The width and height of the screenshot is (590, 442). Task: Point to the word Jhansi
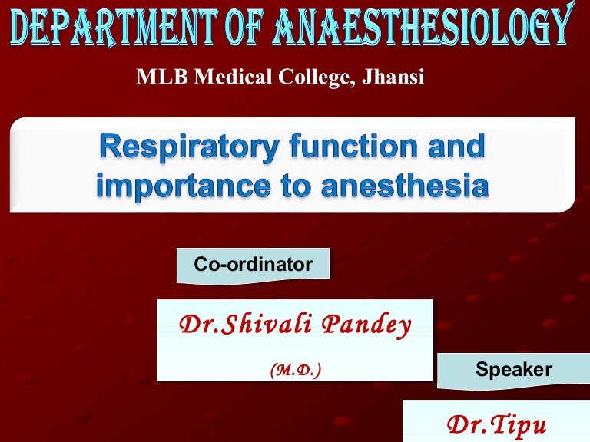[393, 77]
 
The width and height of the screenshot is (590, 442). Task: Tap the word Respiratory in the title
[187, 148]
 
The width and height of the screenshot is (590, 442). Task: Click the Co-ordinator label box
[253, 266]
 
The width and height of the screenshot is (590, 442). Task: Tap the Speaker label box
[513, 370]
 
